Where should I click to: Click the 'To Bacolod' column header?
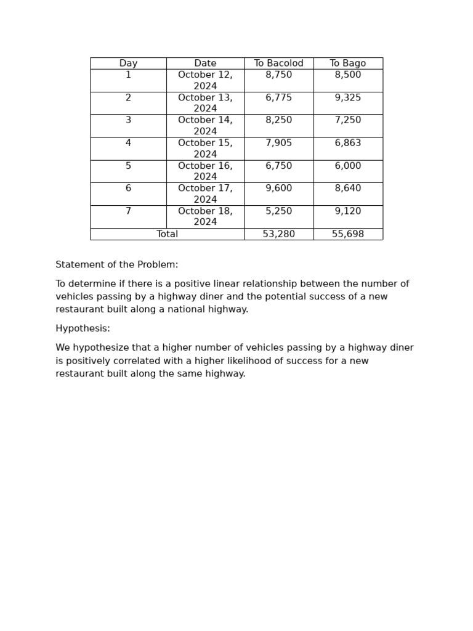click(x=278, y=63)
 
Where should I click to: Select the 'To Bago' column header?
click(x=347, y=63)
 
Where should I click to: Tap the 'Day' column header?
click(x=128, y=63)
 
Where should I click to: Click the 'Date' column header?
click(x=205, y=63)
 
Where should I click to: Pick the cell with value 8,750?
click(x=278, y=75)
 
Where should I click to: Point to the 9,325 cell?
click(x=347, y=98)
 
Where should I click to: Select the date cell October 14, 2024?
click(x=205, y=126)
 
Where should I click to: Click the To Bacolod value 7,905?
click(x=278, y=143)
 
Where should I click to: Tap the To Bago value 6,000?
click(x=347, y=166)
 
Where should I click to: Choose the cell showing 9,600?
click(x=278, y=189)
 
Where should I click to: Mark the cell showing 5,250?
click(x=278, y=211)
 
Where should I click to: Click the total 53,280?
click(x=278, y=234)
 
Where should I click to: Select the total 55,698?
click(x=347, y=234)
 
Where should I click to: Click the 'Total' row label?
click(x=167, y=234)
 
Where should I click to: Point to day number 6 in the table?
click(x=128, y=189)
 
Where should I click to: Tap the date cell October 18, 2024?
click(x=205, y=217)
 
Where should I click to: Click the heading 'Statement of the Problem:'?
click(x=116, y=265)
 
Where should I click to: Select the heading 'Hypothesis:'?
click(x=83, y=329)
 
